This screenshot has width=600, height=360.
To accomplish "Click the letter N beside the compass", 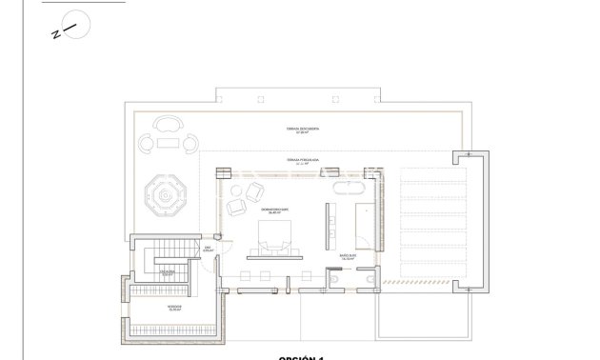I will pos(55,35).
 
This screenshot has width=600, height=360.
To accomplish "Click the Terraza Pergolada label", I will pos(303,161).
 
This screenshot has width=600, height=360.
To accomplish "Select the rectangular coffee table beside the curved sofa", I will pos(168,144).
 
